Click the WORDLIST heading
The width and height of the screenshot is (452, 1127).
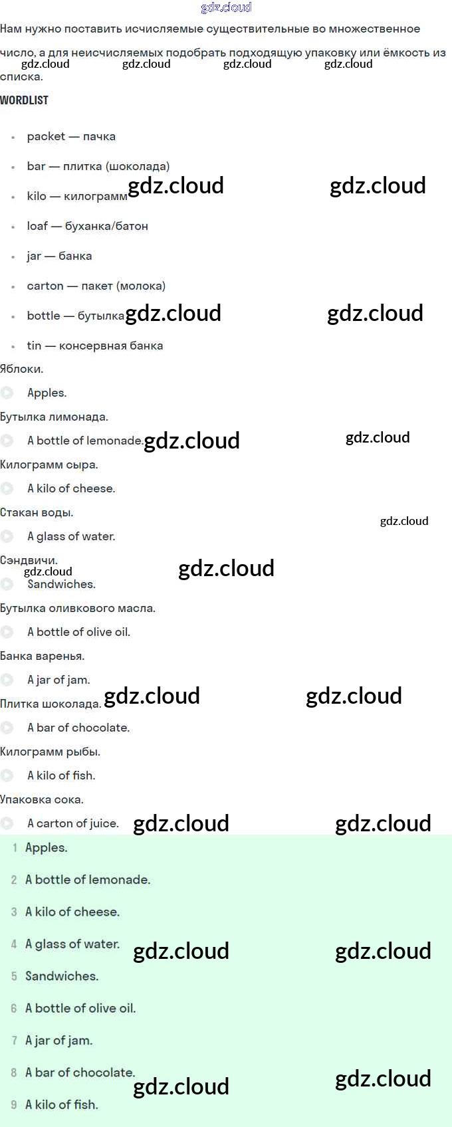[x=25, y=100]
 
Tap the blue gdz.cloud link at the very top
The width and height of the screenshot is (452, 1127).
[x=226, y=7]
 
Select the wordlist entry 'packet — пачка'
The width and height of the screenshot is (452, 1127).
[x=71, y=136]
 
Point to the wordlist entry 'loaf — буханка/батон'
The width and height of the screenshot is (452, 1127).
[x=87, y=226]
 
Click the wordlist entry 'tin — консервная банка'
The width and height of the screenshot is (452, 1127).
[x=94, y=346]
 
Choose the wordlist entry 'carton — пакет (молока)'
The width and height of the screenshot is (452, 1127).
[x=96, y=286]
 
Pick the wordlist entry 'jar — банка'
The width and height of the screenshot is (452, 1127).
[x=59, y=256]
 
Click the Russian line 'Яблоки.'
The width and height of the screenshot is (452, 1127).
[x=22, y=369]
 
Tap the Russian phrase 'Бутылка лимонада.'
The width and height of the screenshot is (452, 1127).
[x=54, y=417]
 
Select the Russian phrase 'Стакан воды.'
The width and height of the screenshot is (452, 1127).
[x=37, y=512]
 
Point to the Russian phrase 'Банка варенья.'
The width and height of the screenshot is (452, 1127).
[x=42, y=656]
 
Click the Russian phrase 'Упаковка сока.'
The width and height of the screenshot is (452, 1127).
[x=42, y=799]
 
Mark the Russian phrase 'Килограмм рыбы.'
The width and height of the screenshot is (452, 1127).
[x=50, y=752]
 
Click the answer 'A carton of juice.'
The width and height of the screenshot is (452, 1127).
[x=73, y=823]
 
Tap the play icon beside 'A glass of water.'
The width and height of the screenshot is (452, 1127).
[x=7, y=536]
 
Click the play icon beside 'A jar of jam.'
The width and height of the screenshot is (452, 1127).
[x=7, y=680]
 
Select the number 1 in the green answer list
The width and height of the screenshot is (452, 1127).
[x=15, y=848]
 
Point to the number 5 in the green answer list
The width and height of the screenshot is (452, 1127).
[x=14, y=976]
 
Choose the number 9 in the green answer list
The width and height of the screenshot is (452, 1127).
[x=14, y=1104]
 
